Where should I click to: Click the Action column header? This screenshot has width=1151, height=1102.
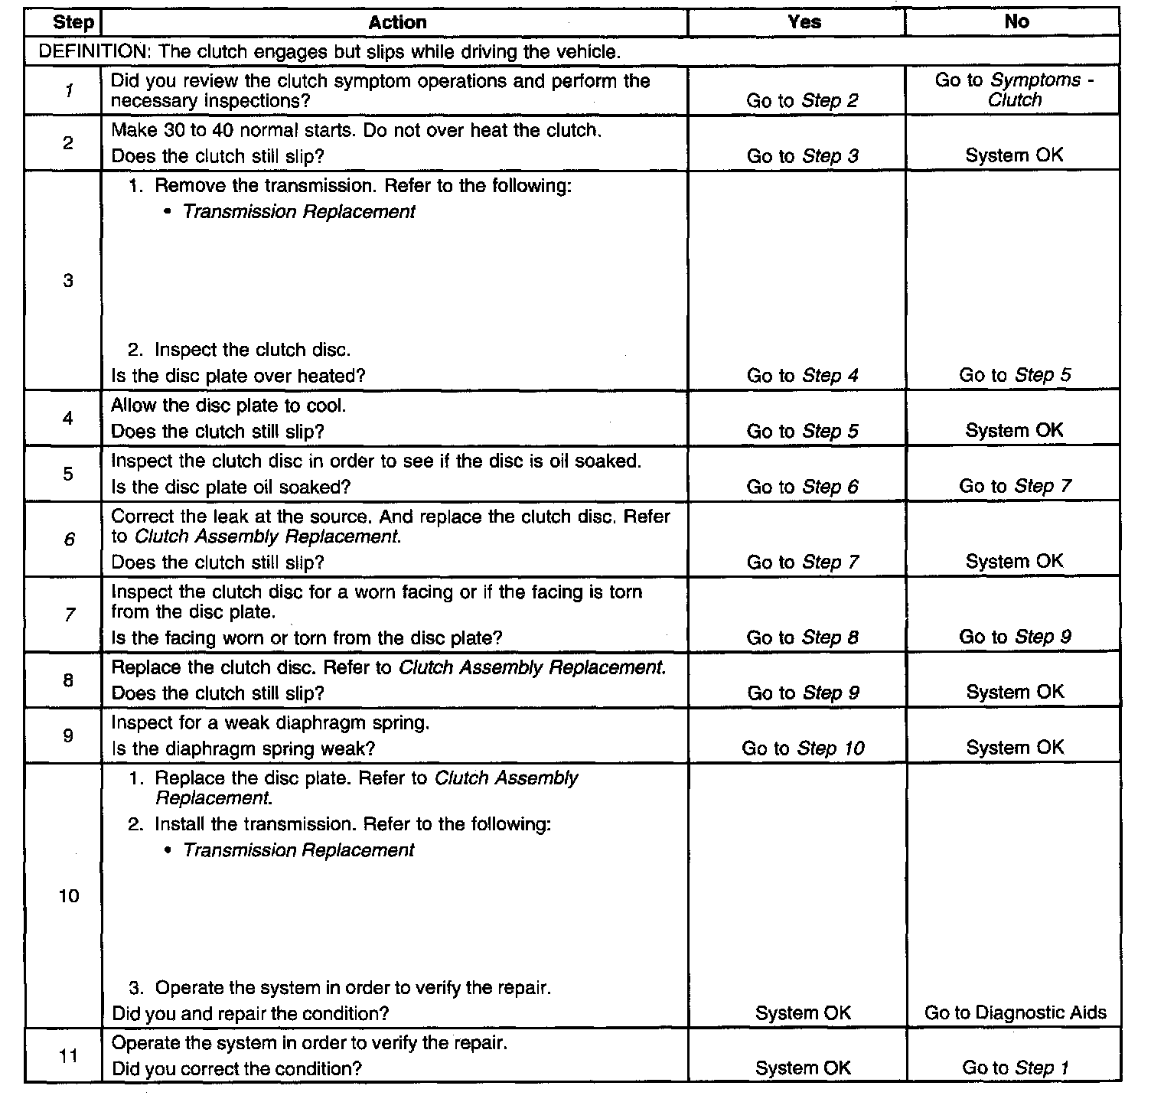click(x=397, y=22)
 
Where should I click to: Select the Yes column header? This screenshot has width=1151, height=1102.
click(x=804, y=22)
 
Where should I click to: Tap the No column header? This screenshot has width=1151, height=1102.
click(x=1016, y=22)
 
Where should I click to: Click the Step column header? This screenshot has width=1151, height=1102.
click(x=73, y=23)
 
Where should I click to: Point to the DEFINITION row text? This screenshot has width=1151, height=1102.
click(x=329, y=52)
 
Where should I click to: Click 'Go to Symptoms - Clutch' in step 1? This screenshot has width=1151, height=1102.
click(x=1014, y=90)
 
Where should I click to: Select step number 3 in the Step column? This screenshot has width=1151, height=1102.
click(x=68, y=281)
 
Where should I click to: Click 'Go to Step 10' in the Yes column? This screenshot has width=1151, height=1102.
click(x=803, y=748)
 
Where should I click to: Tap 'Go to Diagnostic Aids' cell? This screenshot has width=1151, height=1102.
click(x=1015, y=1012)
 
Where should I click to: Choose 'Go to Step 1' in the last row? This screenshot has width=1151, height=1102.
click(x=1015, y=1068)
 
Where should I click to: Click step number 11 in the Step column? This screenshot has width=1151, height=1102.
click(x=68, y=1056)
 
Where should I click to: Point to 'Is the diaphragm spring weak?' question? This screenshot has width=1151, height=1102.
click(x=243, y=748)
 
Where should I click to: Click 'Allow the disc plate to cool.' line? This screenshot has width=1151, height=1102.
click(x=229, y=406)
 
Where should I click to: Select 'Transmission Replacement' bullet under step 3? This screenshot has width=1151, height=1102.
click(x=298, y=212)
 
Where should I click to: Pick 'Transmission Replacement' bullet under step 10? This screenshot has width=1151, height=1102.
click(x=298, y=850)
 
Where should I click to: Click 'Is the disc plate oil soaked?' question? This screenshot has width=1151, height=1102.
click(x=231, y=487)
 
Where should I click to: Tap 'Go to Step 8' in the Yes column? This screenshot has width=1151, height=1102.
click(x=803, y=637)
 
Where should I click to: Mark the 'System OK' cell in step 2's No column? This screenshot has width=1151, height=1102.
click(x=1014, y=155)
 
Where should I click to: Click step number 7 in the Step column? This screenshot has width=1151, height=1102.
click(x=69, y=614)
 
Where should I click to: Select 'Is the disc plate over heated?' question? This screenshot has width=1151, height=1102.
click(x=239, y=376)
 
